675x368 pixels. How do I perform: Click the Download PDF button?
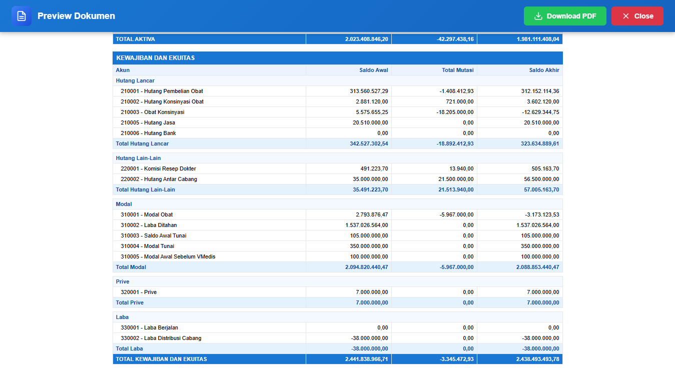coord(565,16)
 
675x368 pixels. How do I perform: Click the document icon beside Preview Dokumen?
coord(22,16)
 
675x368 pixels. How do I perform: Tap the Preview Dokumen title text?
coord(76,16)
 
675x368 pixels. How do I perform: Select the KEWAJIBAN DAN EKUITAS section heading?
coord(156,58)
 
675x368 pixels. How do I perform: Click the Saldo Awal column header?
coord(374,70)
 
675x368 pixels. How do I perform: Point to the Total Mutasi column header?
coord(458,70)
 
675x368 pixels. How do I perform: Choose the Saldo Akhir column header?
coord(544,70)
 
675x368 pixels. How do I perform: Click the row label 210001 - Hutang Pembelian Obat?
coord(162,91)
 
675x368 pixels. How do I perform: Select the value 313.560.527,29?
coord(369,91)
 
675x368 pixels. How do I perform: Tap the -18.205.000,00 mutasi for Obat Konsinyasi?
coord(455,112)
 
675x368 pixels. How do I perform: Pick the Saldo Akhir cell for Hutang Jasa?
coord(541,122)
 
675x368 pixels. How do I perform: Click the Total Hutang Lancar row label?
coord(142,143)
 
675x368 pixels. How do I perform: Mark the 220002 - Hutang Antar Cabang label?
coord(159,179)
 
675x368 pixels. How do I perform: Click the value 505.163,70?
coord(545,168)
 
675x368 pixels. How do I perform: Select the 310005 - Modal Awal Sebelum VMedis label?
coord(168,256)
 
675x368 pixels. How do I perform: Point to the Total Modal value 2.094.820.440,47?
coord(367,267)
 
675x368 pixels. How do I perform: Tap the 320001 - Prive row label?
coord(139,292)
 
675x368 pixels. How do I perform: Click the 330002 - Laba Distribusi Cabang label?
coord(161,338)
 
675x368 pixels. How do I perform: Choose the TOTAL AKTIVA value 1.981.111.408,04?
coord(538,39)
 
